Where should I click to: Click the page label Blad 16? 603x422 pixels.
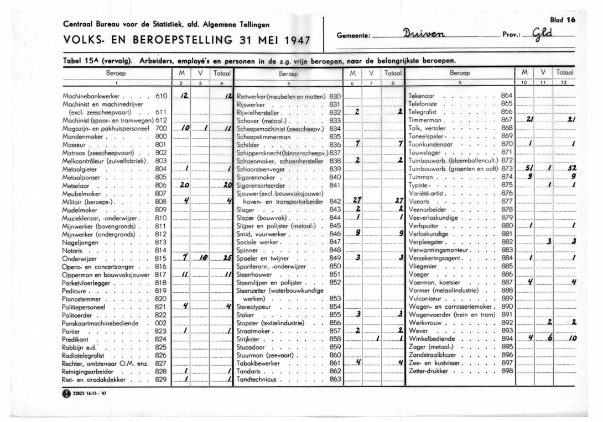[563, 19]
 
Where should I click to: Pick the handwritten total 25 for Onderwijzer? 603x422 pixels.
[227, 258]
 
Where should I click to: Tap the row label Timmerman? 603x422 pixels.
[425, 119]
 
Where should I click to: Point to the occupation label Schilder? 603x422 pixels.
[248, 144]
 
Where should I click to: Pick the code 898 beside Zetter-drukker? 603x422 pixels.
[507, 371]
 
